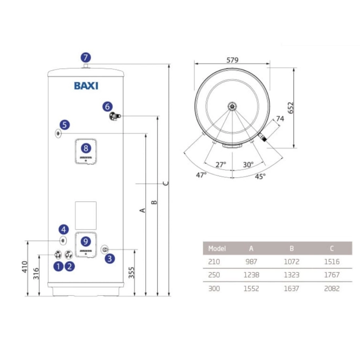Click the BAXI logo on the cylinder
86,86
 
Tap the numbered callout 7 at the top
85,58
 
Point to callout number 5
64,125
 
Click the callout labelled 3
109,259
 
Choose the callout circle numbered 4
63,229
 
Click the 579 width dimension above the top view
232,60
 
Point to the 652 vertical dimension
291,108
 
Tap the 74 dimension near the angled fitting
280,119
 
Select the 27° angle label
221,165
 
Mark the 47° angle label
201,175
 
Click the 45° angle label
260,177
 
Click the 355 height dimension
132,272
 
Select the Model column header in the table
217,248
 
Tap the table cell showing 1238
251,275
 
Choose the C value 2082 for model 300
332,289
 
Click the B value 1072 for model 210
291,261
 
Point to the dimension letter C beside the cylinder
167,183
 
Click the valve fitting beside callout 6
115,116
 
